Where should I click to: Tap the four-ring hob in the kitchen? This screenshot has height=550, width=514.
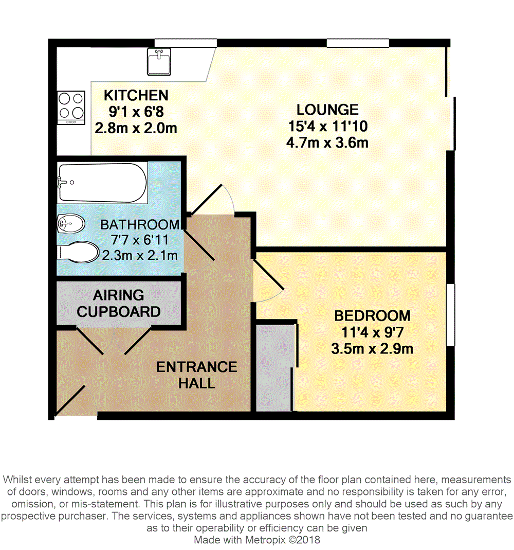pyautogui.click(x=70, y=108)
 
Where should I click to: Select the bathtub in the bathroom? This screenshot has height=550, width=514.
pyautogui.click(x=102, y=183)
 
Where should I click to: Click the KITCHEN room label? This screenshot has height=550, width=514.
pyautogui.click(x=136, y=95)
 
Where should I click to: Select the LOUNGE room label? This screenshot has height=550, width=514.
pyautogui.click(x=327, y=110)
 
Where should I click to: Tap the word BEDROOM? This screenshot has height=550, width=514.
pyautogui.click(x=372, y=315)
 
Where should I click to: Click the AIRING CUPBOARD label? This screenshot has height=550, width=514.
pyautogui.click(x=118, y=304)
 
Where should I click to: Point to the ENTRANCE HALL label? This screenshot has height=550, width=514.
pyautogui.click(x=196, y=375)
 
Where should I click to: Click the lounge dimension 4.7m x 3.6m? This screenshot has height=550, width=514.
pyautogui.click(x=327, y=143)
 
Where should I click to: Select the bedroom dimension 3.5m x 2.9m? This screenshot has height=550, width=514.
pyautogui.click(x=372, y=349)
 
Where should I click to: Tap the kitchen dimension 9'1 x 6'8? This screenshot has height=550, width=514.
pyautogui.click(x=136, y=111)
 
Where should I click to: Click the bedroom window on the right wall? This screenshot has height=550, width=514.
pyautogui.click(x=450, y=314)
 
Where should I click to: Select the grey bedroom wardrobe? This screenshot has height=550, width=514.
pyautogui.click(x=274, y=366)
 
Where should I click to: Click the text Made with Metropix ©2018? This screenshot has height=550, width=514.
pyautogui.click(x=256, y=540)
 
